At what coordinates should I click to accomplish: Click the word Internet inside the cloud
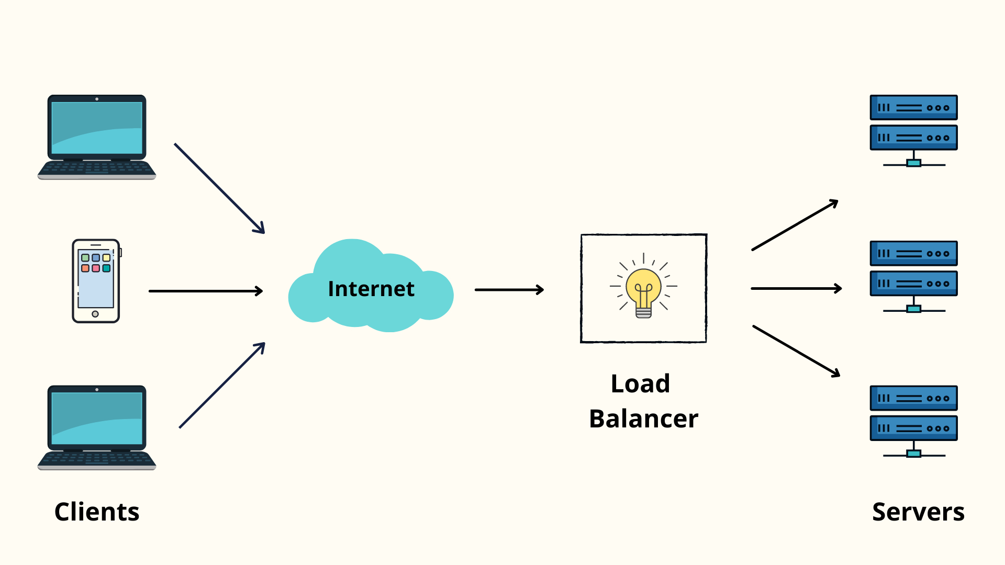point(371,289)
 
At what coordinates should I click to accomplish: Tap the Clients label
point(97,512)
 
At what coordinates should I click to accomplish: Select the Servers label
point(918,512)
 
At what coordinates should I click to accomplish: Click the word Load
point(640,383)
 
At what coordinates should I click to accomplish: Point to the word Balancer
point(643,419)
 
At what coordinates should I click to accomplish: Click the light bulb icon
point(643,289)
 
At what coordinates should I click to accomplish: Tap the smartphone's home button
point(95,314)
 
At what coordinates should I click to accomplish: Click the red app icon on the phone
point(96,268)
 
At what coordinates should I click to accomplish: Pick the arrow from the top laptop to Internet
point(219,188)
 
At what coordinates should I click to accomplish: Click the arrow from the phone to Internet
point(205,291)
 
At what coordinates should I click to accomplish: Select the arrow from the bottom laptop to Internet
point(222,386)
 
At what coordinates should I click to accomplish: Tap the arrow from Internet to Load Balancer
point(509,290)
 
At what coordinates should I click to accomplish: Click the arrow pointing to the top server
point(795,225)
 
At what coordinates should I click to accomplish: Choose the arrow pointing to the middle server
point(796,288)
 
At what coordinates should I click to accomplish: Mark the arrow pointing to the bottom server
point(796,351)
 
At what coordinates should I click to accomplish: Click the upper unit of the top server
point(913,108)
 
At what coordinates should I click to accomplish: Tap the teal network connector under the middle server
point(913,309)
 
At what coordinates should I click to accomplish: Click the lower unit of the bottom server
point(913,428)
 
